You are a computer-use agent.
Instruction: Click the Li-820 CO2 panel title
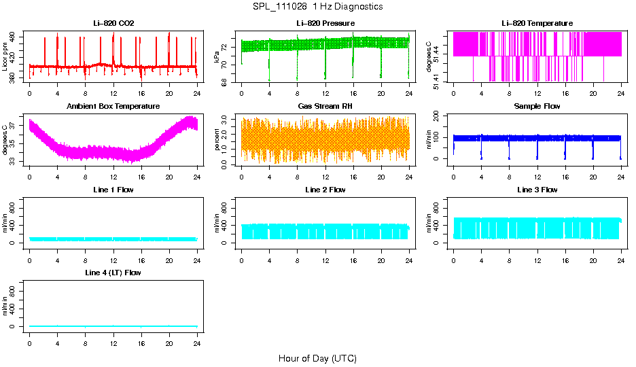[113, 24]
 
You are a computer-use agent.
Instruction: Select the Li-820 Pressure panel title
[325, 24]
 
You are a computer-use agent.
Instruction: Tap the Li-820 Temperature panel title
[537, 24]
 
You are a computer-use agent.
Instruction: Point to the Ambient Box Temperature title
[113, 107]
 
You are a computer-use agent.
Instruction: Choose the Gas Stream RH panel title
[325, 107]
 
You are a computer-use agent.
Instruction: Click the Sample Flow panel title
[537, 107]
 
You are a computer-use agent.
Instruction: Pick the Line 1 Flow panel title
[113, 190]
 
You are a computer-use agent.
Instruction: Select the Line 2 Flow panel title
[325, 190]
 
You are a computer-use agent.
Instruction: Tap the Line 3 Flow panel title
[537, 190]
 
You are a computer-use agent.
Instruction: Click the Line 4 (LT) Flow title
[113, 273]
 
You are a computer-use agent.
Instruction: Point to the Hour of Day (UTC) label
[317, 358]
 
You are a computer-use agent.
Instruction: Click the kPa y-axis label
[217, 56]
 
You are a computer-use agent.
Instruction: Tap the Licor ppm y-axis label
[5, 56]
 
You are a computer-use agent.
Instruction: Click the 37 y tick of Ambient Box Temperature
[14, 125]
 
